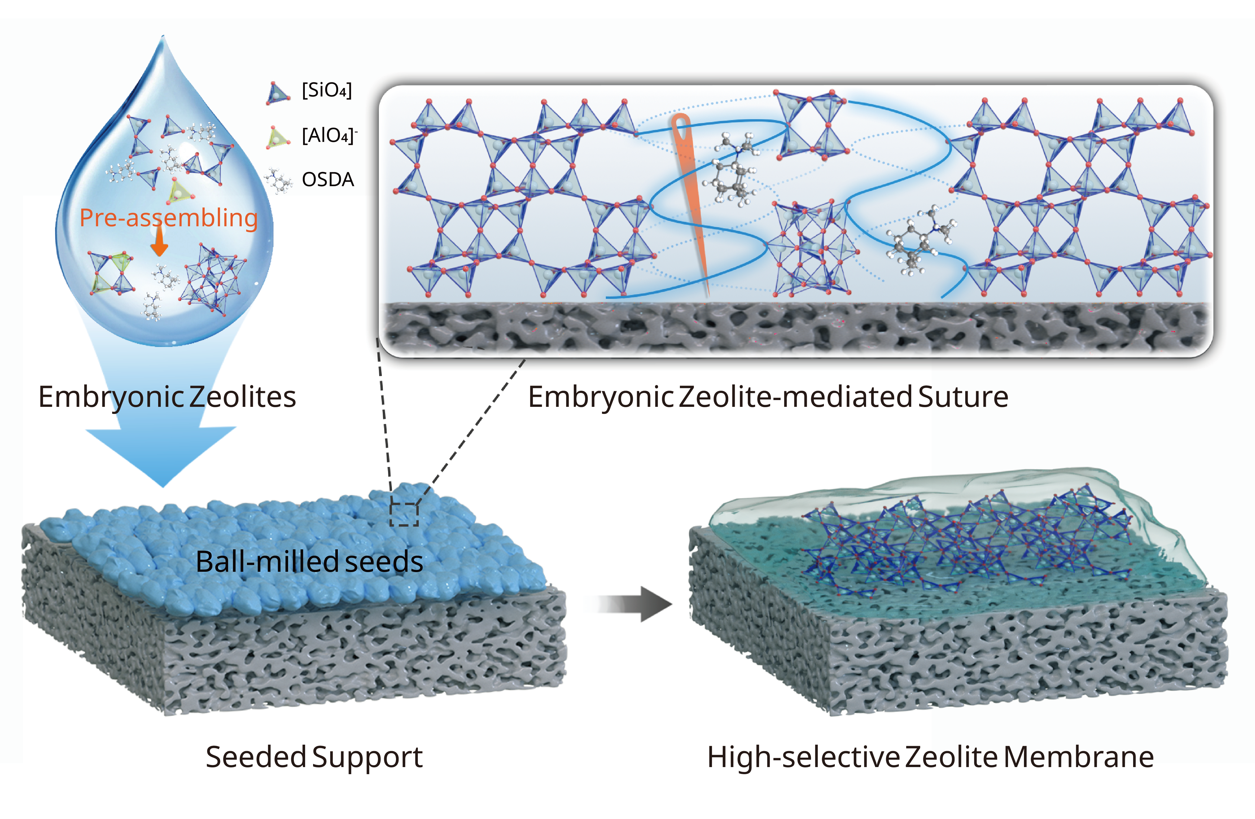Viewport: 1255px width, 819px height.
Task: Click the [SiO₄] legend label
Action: point(326,91)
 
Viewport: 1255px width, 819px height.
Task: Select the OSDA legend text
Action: point(328,180)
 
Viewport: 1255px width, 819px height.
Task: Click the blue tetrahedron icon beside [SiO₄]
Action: point(277,93)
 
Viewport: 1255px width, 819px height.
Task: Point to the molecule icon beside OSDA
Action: point(279,180)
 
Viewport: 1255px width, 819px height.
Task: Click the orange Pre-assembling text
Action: point(168,218)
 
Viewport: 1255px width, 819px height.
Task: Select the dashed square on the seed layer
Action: point(404,514)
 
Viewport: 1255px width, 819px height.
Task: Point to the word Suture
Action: point(963,397)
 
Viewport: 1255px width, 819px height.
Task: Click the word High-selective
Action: point(803,757)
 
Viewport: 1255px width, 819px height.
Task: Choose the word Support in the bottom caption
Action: point(368,757)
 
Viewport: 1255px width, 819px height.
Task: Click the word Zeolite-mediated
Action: point(796,397)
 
